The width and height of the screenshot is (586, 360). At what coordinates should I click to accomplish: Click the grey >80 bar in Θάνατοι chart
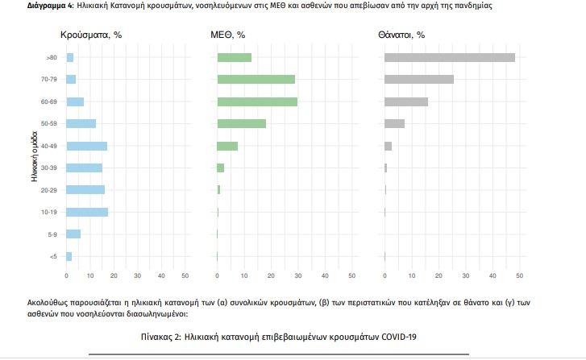pos(449,57)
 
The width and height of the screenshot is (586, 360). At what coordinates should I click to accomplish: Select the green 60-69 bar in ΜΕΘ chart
pos(257,101)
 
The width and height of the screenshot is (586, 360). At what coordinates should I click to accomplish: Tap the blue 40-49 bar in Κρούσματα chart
pos(86,146)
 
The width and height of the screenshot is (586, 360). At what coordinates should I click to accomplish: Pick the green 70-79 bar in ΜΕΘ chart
pos(256,79)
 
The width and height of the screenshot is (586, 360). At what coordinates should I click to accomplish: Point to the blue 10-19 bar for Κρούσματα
pos(87,212)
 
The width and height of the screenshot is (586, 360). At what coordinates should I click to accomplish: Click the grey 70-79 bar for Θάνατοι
pos(419,79)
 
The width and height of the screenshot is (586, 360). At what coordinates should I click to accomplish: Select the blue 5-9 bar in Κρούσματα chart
pos(73,234)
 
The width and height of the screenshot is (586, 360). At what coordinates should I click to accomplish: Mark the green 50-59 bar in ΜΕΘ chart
pos(241,123)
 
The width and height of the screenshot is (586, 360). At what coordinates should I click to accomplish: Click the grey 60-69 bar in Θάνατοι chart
pos(406,101)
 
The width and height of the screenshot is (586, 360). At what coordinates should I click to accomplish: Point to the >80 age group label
pos(52,57)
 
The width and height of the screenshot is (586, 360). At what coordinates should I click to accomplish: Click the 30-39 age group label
pos(50,168)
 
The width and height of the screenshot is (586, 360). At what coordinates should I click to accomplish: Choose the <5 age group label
pos(52,256)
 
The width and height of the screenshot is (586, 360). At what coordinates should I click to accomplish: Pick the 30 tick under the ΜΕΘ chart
pos(298,275)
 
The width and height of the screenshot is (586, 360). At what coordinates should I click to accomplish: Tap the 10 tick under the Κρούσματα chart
pos(90,275)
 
